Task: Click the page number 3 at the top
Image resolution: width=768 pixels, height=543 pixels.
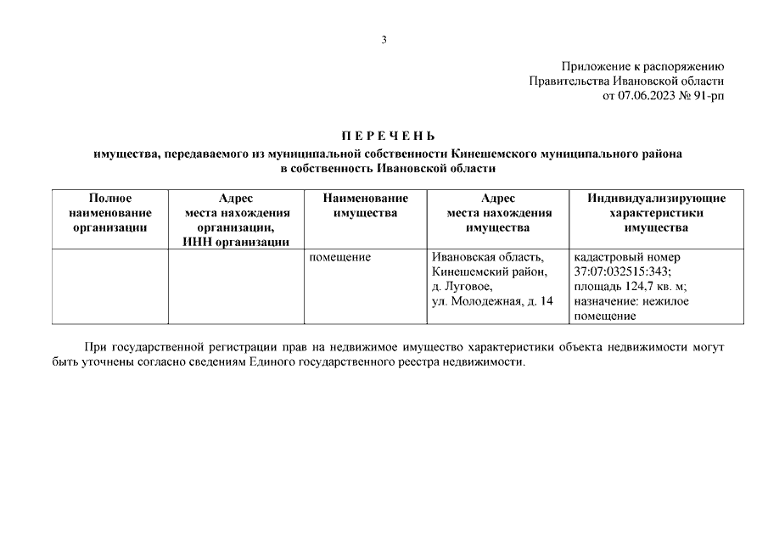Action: (x=384, y=39)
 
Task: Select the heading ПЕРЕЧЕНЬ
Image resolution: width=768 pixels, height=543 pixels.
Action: (x=388, y=137)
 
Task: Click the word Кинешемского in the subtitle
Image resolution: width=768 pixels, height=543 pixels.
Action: (x=503, y=154)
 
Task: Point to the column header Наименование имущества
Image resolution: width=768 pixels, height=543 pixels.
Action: (x=365, y=205)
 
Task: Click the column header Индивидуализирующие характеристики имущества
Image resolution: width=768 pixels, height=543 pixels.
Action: (x=656, y=212)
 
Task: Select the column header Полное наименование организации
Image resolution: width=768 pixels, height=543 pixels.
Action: (x=110, y=212)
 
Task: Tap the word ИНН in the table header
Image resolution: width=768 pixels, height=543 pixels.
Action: (x=198, y=242)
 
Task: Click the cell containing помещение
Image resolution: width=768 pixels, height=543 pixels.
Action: (x=340, y=256)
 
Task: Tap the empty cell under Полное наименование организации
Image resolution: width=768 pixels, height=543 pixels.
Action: (x=110, y=286)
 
